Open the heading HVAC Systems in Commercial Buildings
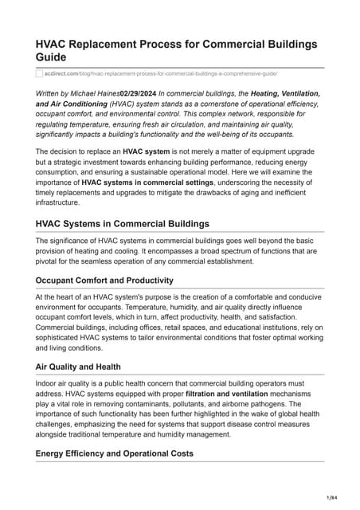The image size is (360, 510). [x=122, y=224]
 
